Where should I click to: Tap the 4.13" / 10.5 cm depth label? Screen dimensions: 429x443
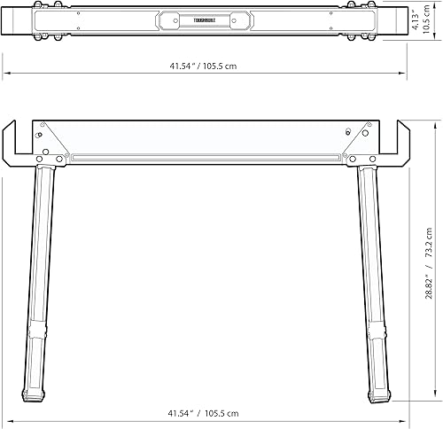point(426,19)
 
